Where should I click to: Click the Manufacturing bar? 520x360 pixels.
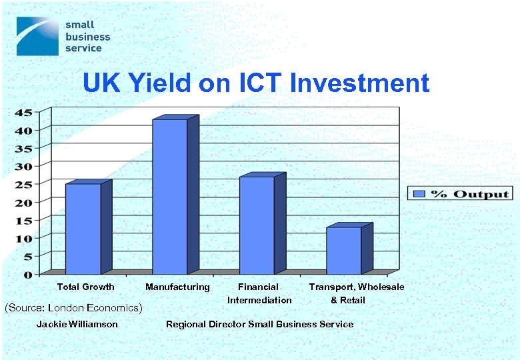point(171,197)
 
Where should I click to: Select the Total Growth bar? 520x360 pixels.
point(83,229)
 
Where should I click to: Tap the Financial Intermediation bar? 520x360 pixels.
point(257,225)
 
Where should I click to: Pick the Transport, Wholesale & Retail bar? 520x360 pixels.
point(344,251)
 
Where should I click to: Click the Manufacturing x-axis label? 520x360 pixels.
point(177,287)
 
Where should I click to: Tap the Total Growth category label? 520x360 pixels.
point(85,287)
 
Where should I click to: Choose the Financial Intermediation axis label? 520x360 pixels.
point(259,293)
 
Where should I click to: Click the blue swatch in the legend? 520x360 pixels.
point(419,194)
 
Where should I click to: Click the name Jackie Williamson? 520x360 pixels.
point(77,324)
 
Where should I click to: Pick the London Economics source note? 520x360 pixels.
point(73,308)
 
